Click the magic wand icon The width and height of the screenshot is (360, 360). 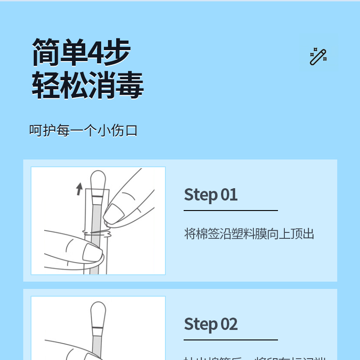tap(318, 57)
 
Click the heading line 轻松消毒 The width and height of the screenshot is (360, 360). tap(87, 85)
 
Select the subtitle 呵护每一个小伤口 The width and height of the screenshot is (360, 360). tap(83, 131)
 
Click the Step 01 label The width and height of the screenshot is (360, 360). tap(211, 195)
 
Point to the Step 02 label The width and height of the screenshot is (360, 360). tap(211, 324)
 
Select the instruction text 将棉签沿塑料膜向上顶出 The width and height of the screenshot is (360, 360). tap(249, 234)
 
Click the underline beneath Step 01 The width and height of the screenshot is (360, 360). tap(231, 211)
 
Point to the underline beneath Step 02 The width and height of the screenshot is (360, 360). tap(231, 340)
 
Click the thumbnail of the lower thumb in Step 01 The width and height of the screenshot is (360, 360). tap(92, 252)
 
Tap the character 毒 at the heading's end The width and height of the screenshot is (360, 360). tap(129, 85)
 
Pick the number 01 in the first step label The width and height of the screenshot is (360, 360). tap(229, 195)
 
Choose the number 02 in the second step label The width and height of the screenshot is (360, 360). tap(229, 324)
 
